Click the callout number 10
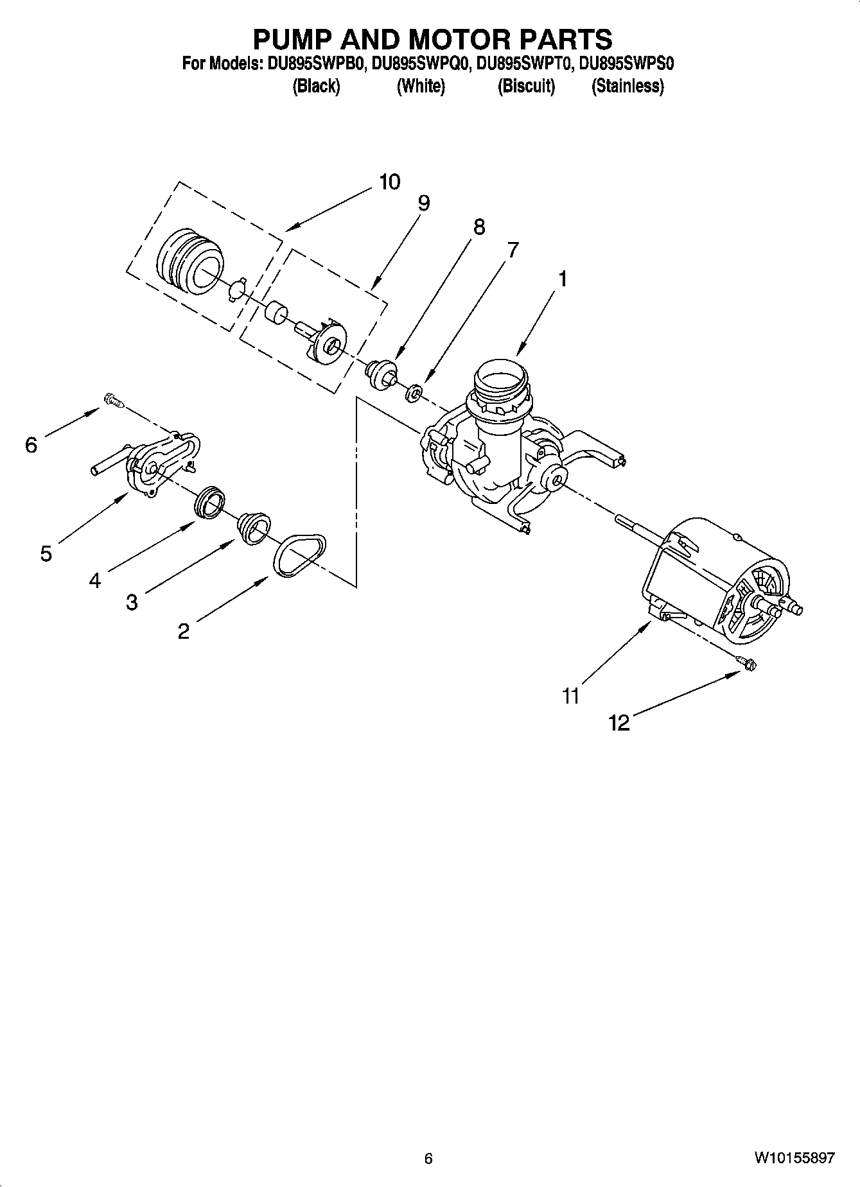[389, 182]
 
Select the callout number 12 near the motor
[619, 723]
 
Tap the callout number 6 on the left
[31, 445]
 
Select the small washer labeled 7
[414, 392]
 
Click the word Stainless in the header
[627, 86]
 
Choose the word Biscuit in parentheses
[526, 86]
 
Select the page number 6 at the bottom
[429, 1159]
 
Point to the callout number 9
[423, 204]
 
